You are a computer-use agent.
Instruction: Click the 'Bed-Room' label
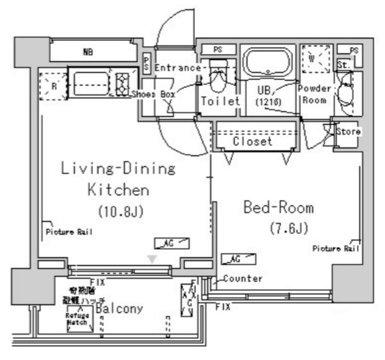click(278, 208)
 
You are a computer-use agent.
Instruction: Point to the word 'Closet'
click(253, 142)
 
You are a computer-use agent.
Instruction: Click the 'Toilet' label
click(220, 101)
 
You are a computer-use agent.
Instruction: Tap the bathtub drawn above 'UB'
click(267, 62)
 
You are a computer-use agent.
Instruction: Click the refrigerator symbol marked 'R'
click(53, 85)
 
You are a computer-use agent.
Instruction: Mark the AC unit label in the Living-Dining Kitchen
click(172, 243)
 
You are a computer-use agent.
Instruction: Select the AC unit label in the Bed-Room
click(238, 259)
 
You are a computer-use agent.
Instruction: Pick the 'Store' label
click(348, 131)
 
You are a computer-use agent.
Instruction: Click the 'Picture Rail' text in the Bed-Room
click(335, 248)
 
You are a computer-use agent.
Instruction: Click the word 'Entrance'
click(177, 68)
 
